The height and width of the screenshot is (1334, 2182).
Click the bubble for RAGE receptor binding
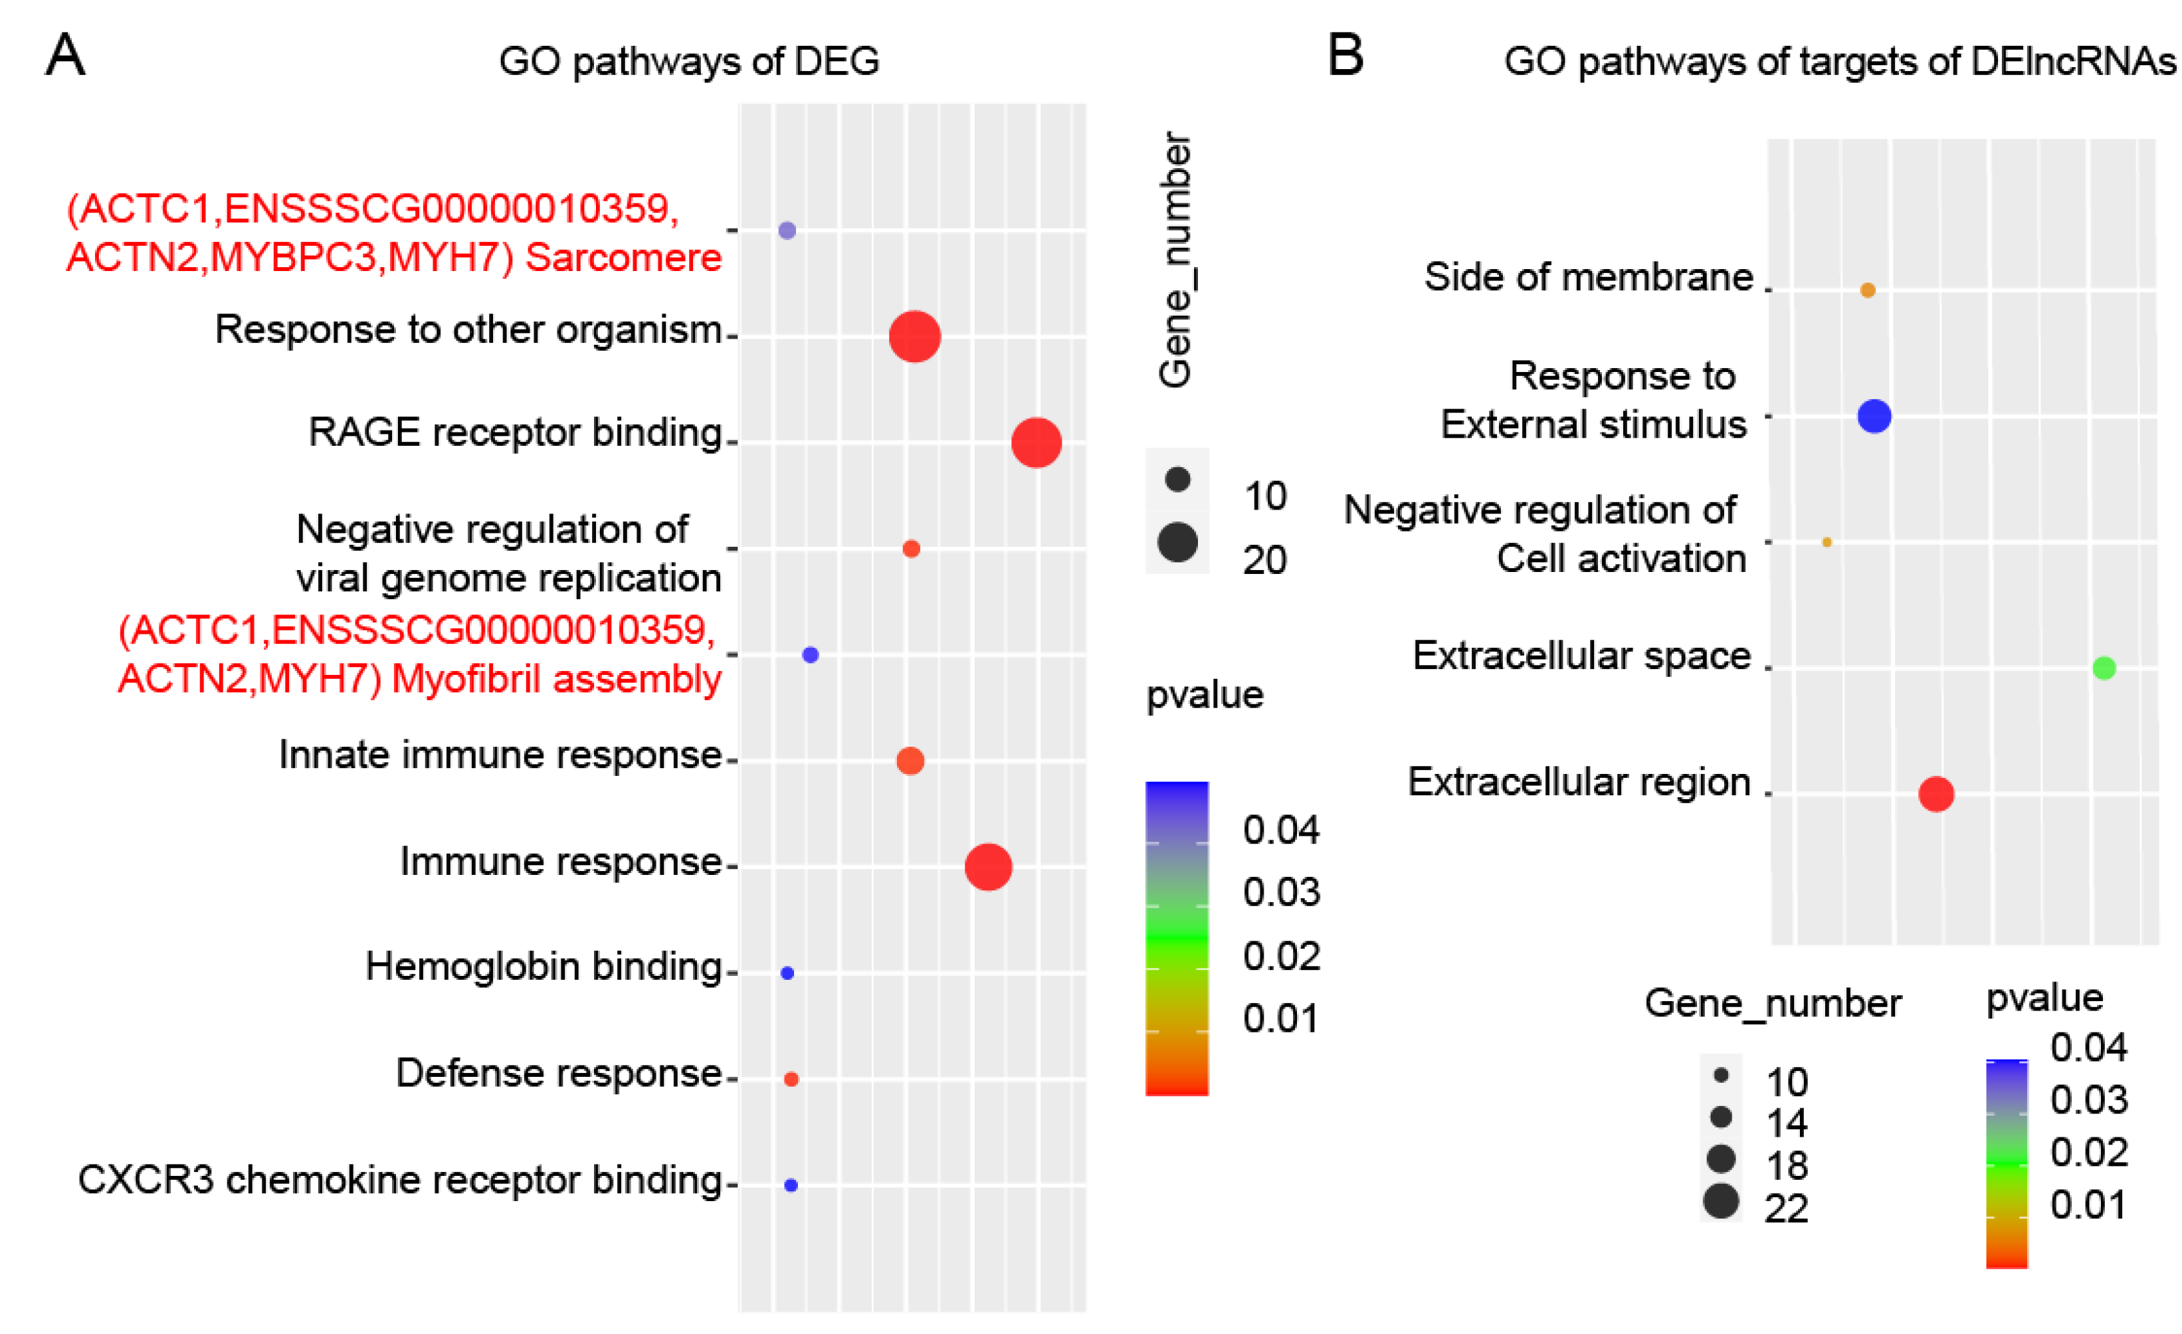click(x=1036, y=442)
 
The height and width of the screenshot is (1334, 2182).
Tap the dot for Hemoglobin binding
click(x=787, y=973)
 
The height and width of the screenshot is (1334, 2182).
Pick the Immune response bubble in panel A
click(x=988, y=866)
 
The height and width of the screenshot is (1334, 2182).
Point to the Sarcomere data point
click(x=787, y=230)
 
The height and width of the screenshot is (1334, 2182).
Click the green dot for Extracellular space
click(x=2104, y=668)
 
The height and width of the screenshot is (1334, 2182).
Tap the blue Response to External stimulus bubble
click(x=1874, y=416)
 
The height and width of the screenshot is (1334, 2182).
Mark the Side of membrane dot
click(x=1868, y=290)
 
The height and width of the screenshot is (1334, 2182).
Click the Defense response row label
click(x=559, y=1074)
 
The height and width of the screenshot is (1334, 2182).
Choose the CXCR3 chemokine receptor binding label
click(x=399, y=1180)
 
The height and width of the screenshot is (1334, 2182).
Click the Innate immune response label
click(x=500, y=755)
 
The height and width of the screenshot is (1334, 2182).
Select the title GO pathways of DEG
click(x=689, y=61)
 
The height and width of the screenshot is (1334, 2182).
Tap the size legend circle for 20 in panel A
click(x=1177, y=543)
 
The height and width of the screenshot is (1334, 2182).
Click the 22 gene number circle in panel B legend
click(x=1721, y=1201)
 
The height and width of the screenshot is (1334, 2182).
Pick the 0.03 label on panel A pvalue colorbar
click(x=1280, y=892)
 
